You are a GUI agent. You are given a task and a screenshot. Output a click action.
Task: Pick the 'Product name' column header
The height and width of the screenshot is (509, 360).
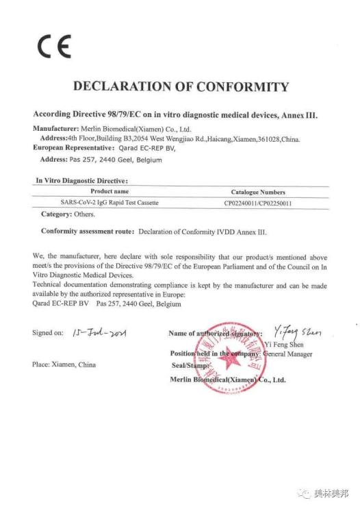pyautogui.click(x=110, y=192)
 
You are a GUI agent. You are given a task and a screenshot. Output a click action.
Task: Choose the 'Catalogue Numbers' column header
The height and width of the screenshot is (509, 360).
pyautogui.click(x=258, y=193)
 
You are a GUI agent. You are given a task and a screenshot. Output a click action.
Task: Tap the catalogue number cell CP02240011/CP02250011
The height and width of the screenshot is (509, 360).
pyautogui.click(x=258, y=203)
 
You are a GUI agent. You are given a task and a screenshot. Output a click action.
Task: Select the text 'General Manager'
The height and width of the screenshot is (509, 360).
pyautogui.click(x=287, y=354)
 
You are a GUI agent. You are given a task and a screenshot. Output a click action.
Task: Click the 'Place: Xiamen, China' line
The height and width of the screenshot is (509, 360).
pyautogui.click(x=64, y=364)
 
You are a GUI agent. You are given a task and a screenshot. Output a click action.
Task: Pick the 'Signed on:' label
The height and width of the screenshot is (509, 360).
pyautogui.click(x=47, y=333)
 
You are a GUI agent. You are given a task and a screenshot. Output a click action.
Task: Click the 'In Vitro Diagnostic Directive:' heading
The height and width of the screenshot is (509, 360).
pyautogui.click(x=81, y=180)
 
